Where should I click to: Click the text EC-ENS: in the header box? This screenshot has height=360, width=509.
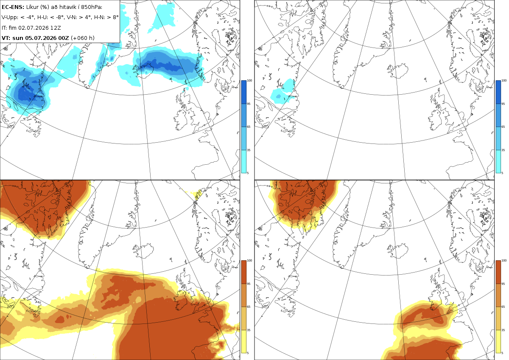13,7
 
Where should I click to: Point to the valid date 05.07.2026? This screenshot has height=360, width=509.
41,38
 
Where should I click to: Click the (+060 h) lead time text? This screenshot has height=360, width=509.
83,38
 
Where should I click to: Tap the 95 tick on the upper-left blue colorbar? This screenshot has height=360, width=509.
249,104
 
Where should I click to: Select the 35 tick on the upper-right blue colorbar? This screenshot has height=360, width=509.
503,150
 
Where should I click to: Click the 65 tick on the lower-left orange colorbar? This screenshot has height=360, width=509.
249,307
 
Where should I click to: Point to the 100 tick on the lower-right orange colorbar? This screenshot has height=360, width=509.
504,261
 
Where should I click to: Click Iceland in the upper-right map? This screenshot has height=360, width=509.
397,71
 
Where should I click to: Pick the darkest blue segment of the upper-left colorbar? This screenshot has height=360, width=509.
244,92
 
